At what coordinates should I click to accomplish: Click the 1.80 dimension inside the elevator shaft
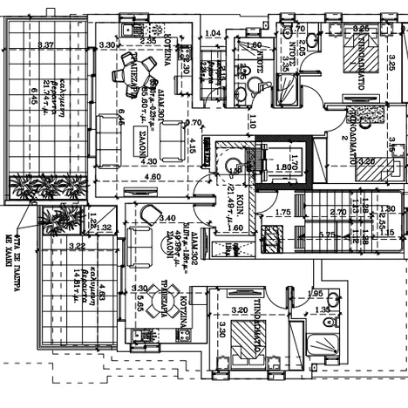point(283,167)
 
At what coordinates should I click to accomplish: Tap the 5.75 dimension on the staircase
point(328,235)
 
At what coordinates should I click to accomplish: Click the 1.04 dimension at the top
point(211,33)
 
